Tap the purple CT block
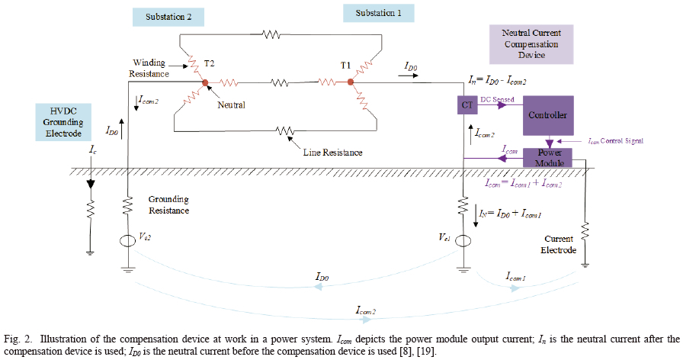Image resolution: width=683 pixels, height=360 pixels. click(x=467, y=105)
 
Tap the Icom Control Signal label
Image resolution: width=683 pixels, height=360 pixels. click(x=616, y=141)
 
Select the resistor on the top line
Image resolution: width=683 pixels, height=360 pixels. click(x=273, y=34)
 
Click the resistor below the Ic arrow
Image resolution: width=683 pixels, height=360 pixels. click(x=89, y=207)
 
